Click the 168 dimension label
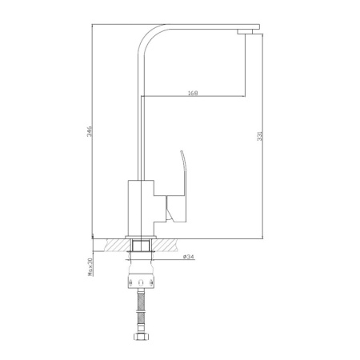tap(192, 93)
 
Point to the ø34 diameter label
tap(188, 256)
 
